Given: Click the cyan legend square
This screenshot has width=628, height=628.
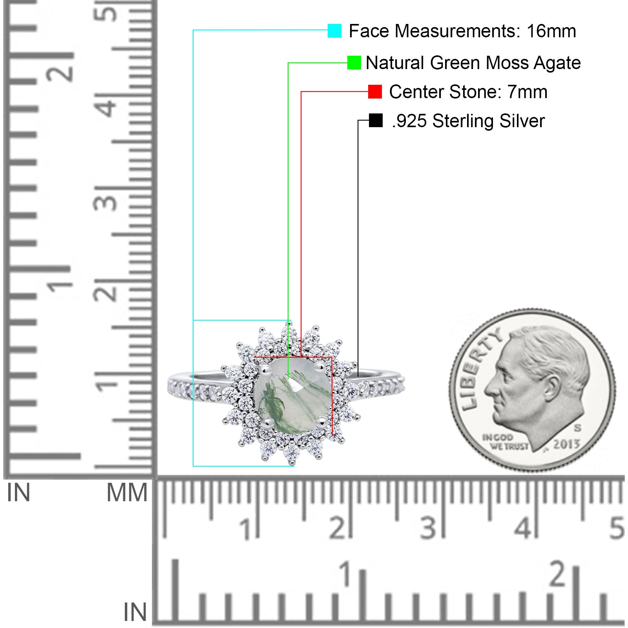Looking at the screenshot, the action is coord(334,31).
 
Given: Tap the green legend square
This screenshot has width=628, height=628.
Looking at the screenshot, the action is coord(354,63).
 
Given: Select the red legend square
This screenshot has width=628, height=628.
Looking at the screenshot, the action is coord(375,92).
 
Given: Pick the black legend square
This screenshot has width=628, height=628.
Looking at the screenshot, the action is coord(376,120).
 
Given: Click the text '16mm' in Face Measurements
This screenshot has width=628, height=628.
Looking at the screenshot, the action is coord(551,31).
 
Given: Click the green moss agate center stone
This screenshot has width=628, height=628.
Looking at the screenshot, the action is coord(292,397).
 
